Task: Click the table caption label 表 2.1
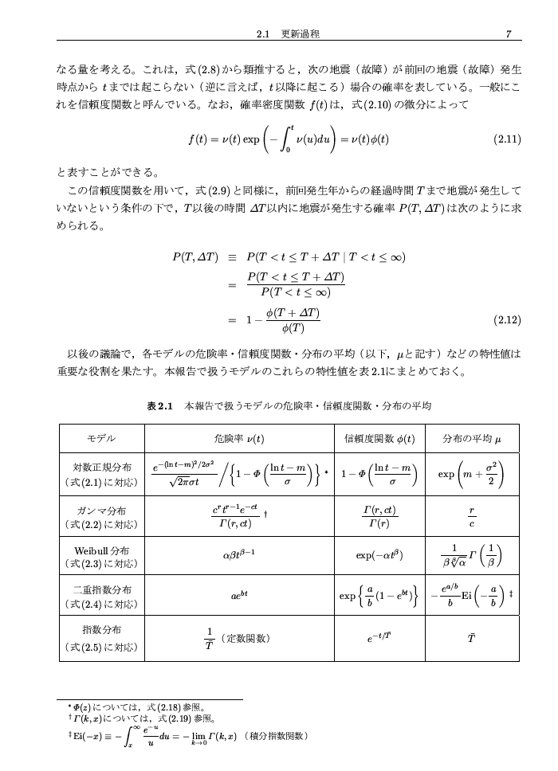[x=160, y=406]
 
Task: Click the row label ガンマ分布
[x=99, y=510]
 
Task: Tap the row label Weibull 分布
[x=99, y=550]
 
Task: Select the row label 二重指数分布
[x=99, y=590]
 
